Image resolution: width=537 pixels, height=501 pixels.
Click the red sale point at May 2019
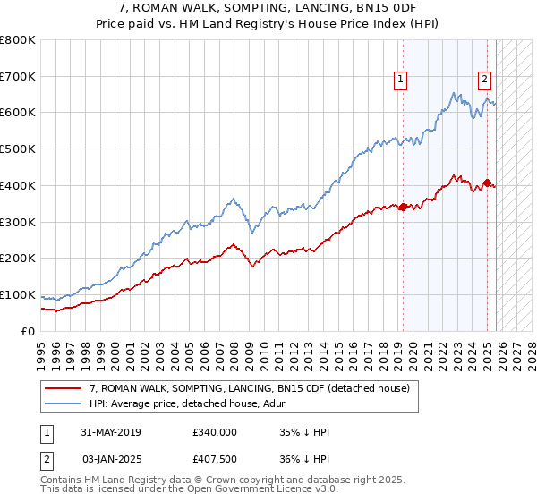point(402,207)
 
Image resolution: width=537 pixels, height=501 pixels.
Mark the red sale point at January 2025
point(487,183)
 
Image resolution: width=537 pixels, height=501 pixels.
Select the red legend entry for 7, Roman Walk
point(250,388)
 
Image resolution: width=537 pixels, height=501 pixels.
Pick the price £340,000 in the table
point(214,432)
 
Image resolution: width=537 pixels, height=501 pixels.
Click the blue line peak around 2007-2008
point(233,199)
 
